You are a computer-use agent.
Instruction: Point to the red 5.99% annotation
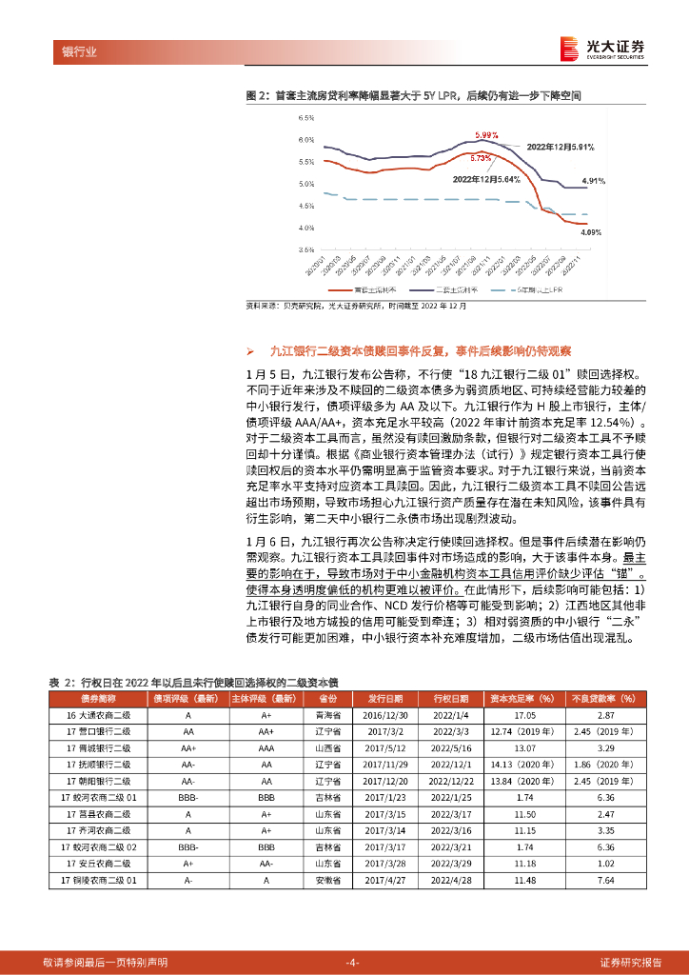pos(486,136)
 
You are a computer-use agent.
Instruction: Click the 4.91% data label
pos(593,181)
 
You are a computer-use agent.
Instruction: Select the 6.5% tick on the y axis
pos(305,118)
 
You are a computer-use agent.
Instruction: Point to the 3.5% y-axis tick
pos(305,250)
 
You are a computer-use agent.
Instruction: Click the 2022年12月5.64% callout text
pos(484,178)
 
